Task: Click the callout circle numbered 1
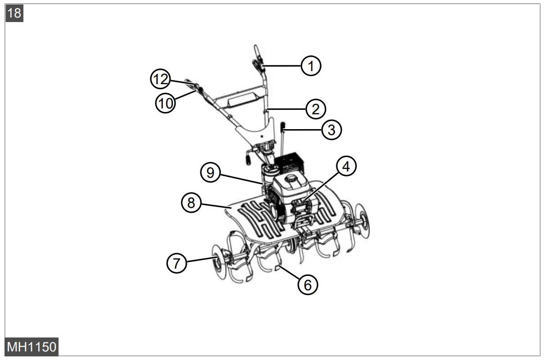(311, 66)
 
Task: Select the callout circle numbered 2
(315, 108)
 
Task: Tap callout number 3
(331, 130)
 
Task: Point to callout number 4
(345, 167)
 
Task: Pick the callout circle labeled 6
(308, 284)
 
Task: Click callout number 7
(177, 263)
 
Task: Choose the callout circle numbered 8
(191, 203)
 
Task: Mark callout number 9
(210, 173)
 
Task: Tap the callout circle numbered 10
(166, 103)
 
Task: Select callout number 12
(160, 80)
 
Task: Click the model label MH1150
(32, 347)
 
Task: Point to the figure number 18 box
(14, 13)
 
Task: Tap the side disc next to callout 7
(217, 260)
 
